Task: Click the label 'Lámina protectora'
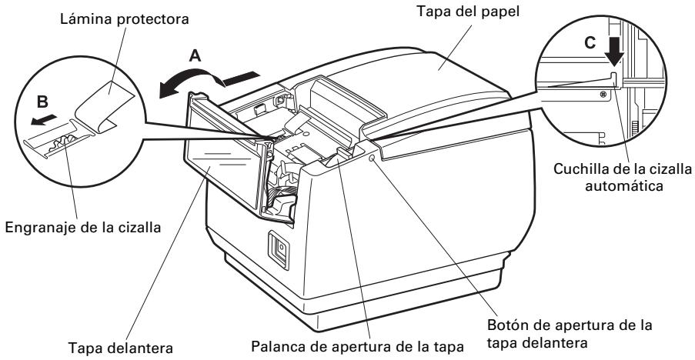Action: pos(125,19)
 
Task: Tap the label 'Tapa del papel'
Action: pos(468,11)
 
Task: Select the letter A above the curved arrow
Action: pos(195,56)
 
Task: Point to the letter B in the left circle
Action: pos(42,102)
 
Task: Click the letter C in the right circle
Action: pos(590,42)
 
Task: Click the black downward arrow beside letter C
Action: pos(614,50)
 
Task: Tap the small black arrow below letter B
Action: pos(44,119)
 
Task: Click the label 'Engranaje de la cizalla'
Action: pos(83,228)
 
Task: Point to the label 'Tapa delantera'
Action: pos(121,348)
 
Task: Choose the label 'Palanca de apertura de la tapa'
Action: pos(357,346)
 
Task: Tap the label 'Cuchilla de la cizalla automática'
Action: pos(623,177)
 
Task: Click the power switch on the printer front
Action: pos(279,250)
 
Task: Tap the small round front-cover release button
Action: pos(371,158)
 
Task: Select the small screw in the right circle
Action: pos(603,94)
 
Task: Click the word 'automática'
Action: pos(624,185)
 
